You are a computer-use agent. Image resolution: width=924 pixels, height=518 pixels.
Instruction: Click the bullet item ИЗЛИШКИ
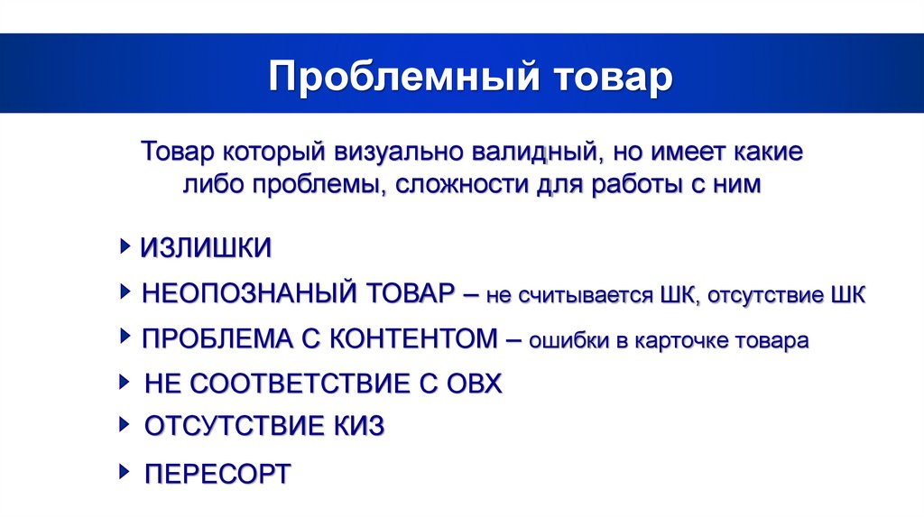click(206, 248)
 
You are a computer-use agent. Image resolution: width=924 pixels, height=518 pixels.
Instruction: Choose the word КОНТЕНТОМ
click(411, 339)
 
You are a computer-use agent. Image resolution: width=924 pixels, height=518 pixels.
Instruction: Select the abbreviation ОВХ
click(474, 384)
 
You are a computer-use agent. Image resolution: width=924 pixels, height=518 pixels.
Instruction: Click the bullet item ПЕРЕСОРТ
click(217, 473)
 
